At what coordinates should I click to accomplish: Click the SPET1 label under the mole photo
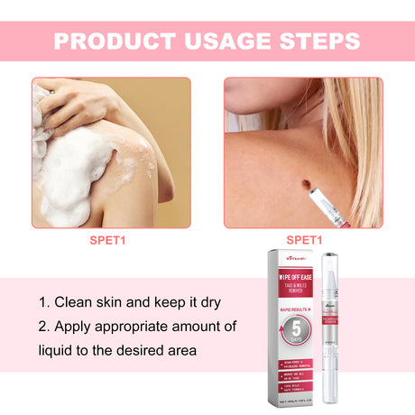click(304, 240)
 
